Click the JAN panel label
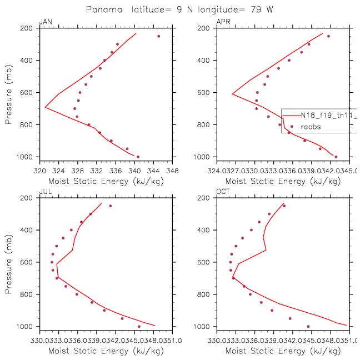(46, 22)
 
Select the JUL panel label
(46, 192)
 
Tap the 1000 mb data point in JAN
(138, 157)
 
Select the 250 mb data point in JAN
(159, 36)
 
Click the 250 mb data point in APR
(328, 36)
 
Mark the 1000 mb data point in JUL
(139, 326)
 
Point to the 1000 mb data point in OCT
(308, 326)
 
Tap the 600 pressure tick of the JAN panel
(30, 92)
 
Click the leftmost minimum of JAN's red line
(45, 107)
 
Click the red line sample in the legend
(291, 116)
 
